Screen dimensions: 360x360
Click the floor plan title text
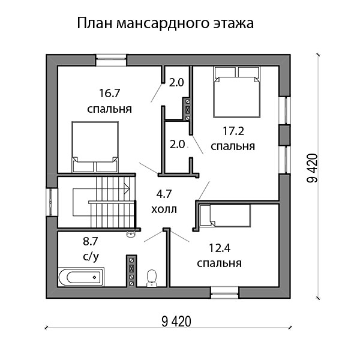pyautogui.click(x=165, y=23)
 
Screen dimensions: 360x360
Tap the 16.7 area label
pyautogui.click(x=110, y=93)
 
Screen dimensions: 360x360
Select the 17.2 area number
pyautogui.click(x=233, y=131)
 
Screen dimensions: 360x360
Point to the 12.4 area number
pyautogui.click(x=220, y=248)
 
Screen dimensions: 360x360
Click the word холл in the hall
pyautogui.click(x=164, y=209)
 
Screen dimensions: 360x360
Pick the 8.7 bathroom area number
pyautogui.click(x=91, y=241)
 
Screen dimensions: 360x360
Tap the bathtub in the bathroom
pyautogui.click(x=81, y=277)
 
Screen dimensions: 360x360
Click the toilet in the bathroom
pyautogui.click(x=152, y=278)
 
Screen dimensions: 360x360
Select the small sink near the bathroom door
pyautogui.click(x=131, y=234)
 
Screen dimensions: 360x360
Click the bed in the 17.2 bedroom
pyautogui.click(x=237, y=92)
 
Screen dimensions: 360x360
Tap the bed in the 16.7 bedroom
pyautogui.click(x=95, y=147)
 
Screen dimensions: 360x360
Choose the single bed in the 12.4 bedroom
pyautogui.click(x=225, y=215)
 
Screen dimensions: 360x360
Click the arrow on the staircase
pyautogui.click(x=101, y=188)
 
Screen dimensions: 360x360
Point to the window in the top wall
pyautogui.click(x=111, y=60)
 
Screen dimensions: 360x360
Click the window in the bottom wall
pyautogui.click(x=225, y=293)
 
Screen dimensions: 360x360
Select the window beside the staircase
pyautogui.click(x=52, y=202)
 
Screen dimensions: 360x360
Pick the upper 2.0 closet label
pyautogui.click(x=176, y=83)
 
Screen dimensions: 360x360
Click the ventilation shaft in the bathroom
pyautogui.click(x=131, y=271)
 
